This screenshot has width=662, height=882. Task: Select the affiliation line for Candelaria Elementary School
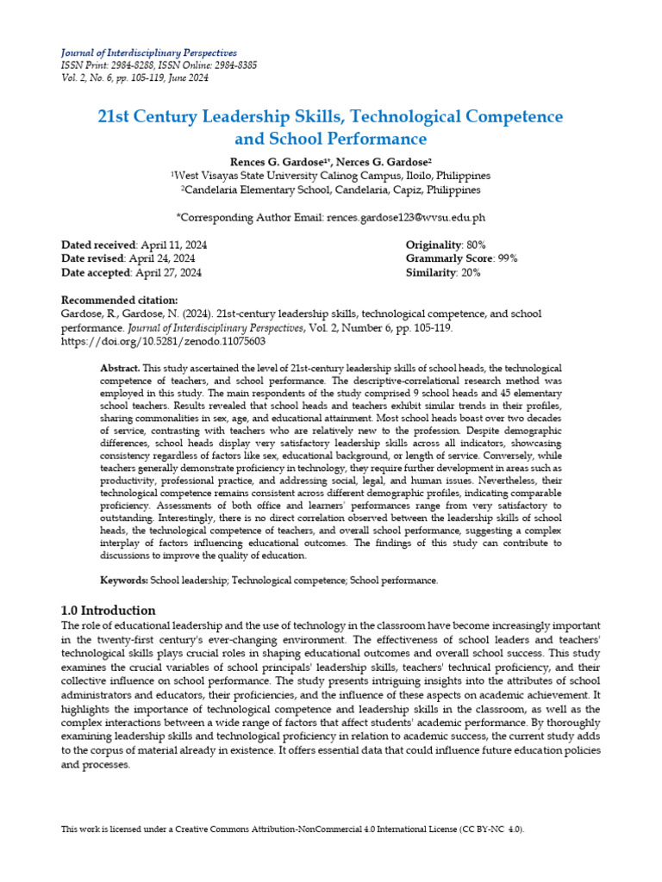331,189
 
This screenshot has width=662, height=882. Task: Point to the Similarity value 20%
470,273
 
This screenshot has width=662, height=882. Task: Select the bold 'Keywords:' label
124,581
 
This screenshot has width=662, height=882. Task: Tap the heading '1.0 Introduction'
109,610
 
